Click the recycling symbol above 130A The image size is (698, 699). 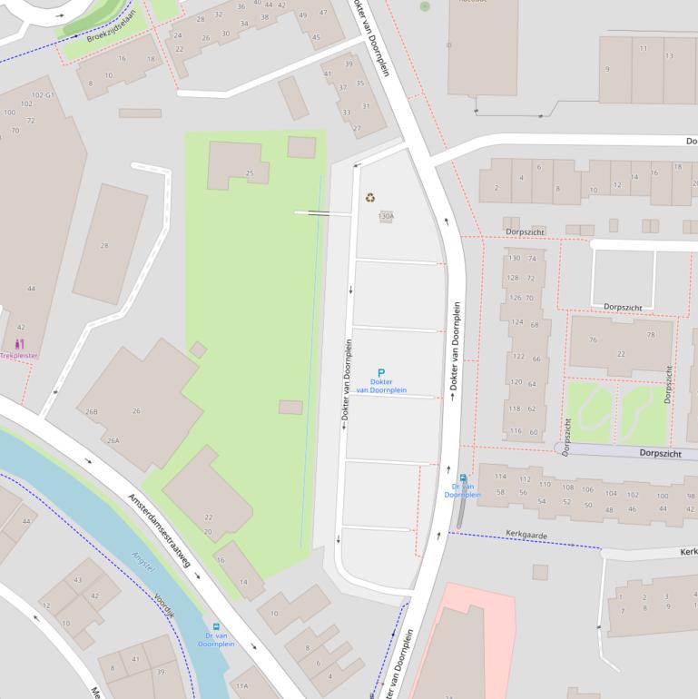pos(370,197)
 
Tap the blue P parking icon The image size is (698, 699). pos(381,372)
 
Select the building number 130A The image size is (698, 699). pos(386,217)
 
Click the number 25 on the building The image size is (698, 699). pos(250,173)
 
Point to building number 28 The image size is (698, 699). pos(104,246)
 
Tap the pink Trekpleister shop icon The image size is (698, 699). pos(20,344)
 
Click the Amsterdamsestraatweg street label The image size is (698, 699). pos(159,531)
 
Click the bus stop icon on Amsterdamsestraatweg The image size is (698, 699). pos(216,626)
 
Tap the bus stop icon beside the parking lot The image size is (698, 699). pos(463,478)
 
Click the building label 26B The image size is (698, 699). pos(91,411)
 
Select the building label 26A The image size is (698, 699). pos(113,440)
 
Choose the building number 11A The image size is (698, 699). pos(241,686)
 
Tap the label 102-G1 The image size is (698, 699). pos(44,95)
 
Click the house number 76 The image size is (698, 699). pos(593,340)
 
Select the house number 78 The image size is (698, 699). pos(650,335)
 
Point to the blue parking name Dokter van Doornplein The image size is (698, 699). pos(381,386)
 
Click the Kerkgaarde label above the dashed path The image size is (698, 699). pos(526,536)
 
